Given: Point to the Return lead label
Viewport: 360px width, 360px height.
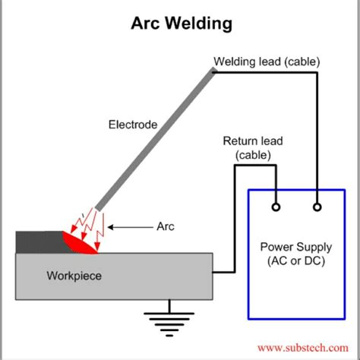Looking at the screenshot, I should click(251, 141).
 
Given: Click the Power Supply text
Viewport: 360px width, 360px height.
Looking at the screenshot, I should click(295, 248).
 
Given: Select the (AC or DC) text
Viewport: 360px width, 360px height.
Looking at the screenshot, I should click(295, 261).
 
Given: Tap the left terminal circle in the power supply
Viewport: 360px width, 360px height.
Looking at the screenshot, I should click(278, 205).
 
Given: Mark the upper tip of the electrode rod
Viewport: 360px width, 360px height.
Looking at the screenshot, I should click(213, 71).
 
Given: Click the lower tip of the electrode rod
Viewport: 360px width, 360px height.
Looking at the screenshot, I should click(99, 206).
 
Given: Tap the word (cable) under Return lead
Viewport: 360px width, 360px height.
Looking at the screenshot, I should click(251, 155).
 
